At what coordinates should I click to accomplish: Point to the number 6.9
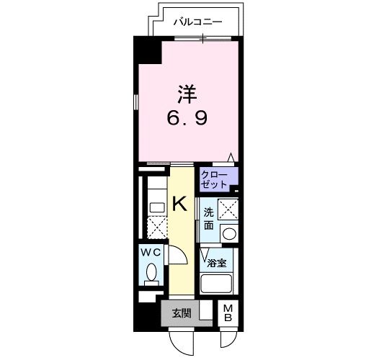tap(189, 117)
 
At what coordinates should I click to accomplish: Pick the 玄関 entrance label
tap(181, 312)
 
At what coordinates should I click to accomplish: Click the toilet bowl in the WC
tap(151, 272)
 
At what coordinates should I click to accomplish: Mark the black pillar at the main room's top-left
tap(148, 51)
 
